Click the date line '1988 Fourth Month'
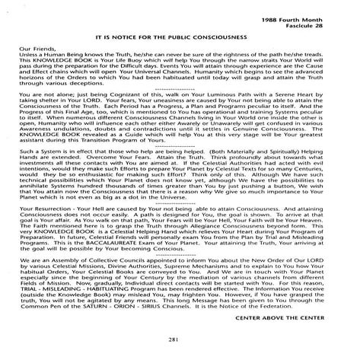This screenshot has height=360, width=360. [312, 9]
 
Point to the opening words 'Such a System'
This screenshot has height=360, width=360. [46, 152]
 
